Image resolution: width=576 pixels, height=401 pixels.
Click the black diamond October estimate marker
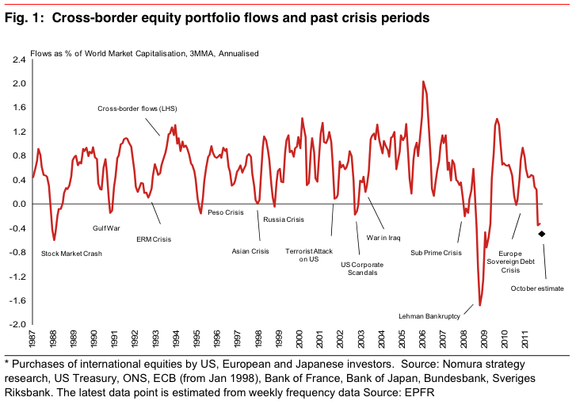tap(542, 233)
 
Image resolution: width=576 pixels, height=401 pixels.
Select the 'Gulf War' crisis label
tap(105, 228)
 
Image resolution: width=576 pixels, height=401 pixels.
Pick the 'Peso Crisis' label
tap(225, 212)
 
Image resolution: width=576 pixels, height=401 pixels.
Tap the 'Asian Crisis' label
tap(250, 251)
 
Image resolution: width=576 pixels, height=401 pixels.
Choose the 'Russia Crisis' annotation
tap(284, 219)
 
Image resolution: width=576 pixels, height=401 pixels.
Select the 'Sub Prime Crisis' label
tap(435, 253)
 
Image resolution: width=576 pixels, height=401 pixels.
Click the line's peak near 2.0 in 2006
tap(423, 81)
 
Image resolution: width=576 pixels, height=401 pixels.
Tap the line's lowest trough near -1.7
tap(480, 305)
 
